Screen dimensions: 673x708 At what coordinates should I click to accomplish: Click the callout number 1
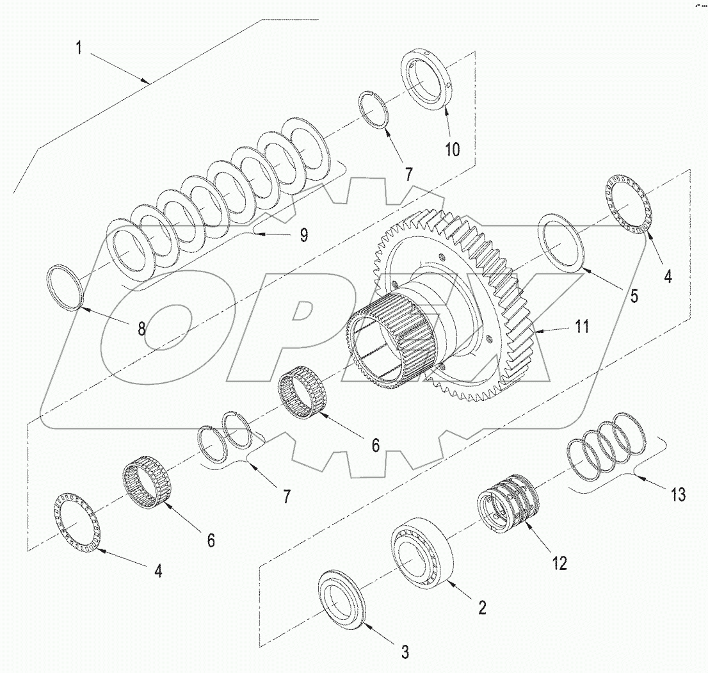79,49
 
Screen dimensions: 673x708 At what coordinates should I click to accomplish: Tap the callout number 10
452,150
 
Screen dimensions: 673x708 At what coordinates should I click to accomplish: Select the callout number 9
303,235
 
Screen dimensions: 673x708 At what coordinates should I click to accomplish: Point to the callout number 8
141,329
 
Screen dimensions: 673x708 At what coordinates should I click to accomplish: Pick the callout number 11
582,327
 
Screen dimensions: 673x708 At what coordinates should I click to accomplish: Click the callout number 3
405,653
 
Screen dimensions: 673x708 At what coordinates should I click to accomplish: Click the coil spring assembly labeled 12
508,499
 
